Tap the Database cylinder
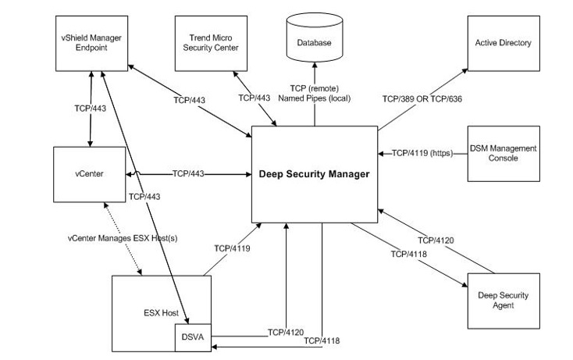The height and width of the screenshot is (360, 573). (315, 43)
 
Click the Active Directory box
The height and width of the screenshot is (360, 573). (503, 43)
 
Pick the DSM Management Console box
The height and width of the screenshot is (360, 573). (503, 153)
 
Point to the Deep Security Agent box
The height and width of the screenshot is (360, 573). (503, 300)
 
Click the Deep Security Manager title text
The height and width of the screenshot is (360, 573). (314, 174)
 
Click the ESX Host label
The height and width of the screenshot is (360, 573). (160, 313)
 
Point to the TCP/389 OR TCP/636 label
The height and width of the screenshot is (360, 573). (416, 100)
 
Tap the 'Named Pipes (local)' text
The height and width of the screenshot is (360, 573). (315, 100)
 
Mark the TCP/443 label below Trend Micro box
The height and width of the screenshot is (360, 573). (254, 98)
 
